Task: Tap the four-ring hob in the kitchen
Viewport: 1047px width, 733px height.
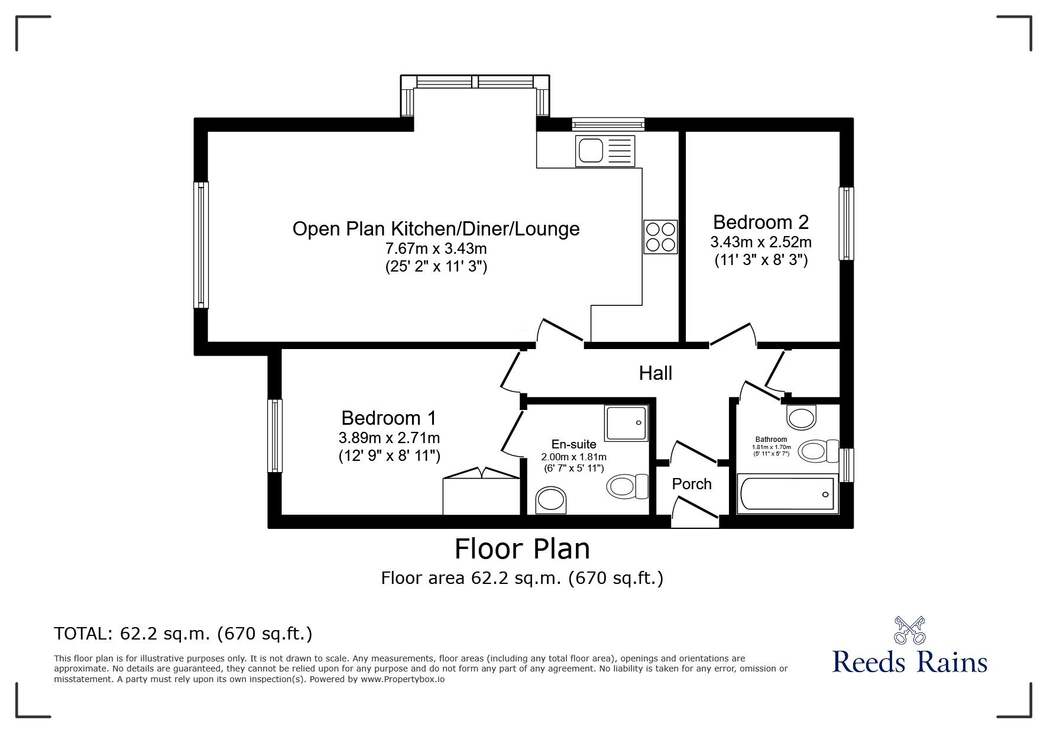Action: point(660,237)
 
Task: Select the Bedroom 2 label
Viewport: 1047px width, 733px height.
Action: point(761,222)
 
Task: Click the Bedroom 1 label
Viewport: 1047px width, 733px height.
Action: point(389,418)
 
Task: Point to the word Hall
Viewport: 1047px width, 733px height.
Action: point(656,373)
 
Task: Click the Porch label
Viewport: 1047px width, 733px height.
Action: point(692,484)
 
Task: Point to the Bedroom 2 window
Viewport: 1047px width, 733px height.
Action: point(847,224)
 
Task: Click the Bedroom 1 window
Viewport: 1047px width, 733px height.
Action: point(274,435)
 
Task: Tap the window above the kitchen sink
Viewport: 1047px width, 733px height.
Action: point(608,124)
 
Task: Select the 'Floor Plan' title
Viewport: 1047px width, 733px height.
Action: point(522,548)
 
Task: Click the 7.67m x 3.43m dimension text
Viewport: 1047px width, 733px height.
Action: point(436,248)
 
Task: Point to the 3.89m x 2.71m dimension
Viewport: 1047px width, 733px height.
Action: point(389,438)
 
